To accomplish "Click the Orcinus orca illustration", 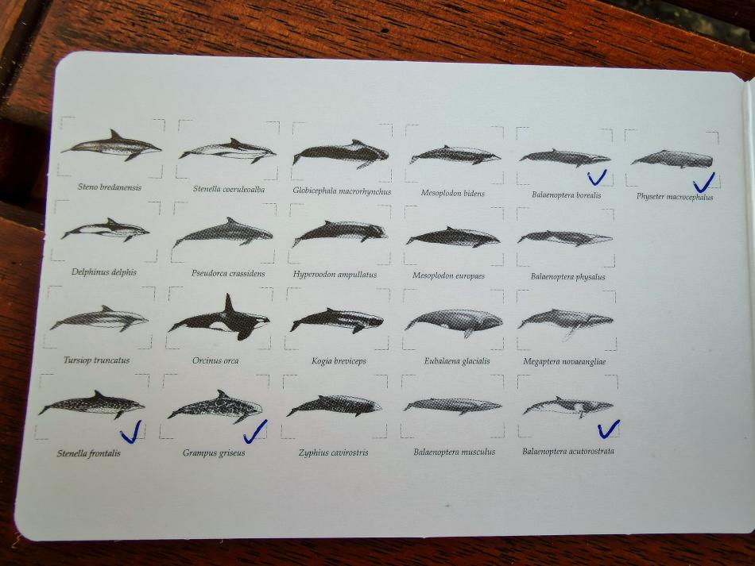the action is click(219, 319).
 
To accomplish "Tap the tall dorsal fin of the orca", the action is click(229, 304).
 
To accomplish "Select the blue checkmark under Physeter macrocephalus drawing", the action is click(703, 183).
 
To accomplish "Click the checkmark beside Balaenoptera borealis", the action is click(597, 178).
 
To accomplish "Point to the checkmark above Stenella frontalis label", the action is click(131, 433).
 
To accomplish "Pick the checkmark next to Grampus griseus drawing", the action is click(255, 432).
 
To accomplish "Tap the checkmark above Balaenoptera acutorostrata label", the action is click(609, 429).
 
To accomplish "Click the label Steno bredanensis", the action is click(110, 187).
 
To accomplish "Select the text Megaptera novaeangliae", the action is click(564, 361).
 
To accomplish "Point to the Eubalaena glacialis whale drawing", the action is click(454, 322).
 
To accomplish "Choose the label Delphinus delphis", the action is click(104, 272).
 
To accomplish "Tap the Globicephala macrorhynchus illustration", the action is click(340, 154).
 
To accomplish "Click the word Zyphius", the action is click(314, 452).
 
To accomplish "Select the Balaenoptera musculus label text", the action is click(454, 452).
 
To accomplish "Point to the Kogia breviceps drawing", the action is click(337, 320).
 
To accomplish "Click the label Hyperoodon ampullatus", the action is click(335, 275).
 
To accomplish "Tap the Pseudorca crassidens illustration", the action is click(223, 233).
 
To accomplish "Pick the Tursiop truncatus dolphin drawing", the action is click(99, 318).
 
